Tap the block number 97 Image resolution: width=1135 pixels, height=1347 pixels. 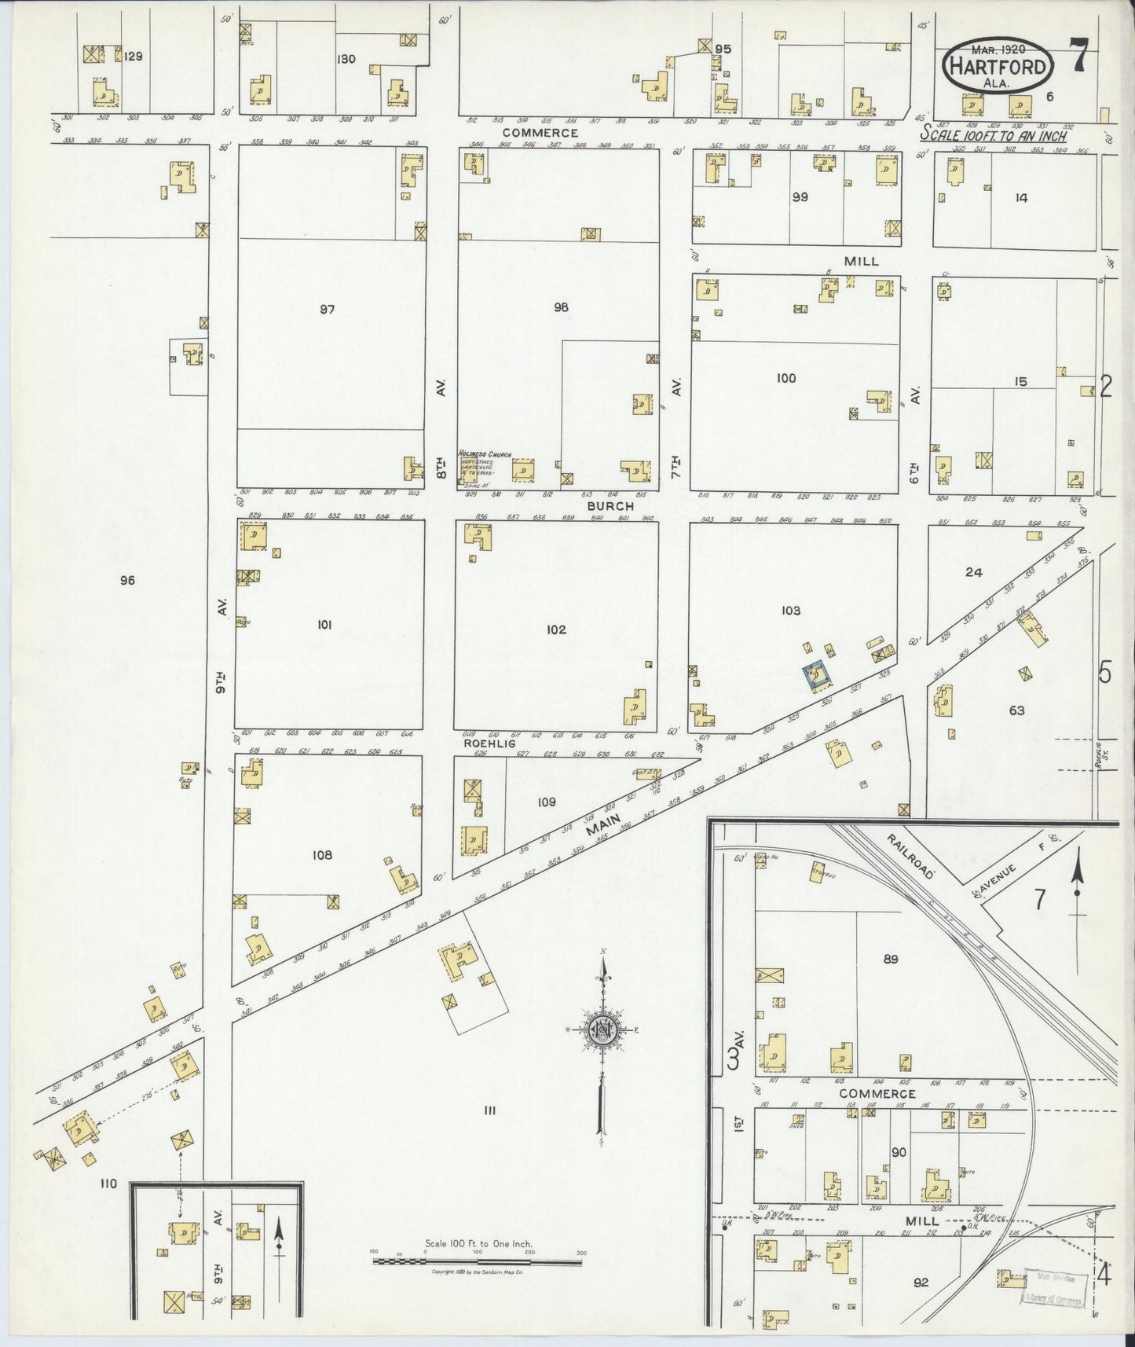coord(327,310)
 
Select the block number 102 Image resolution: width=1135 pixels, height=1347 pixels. coord(556,629)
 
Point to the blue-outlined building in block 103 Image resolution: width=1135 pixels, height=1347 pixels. coord(816,675)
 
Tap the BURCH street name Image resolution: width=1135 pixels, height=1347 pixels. coord(610,507)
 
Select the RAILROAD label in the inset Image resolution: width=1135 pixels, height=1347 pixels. coord(910,853)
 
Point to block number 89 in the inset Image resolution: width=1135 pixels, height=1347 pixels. coord(890,959)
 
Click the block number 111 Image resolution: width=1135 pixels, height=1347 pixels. coord(489,1110)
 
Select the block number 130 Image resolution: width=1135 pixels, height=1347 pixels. coord(346,59)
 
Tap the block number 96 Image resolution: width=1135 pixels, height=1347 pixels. coord(127,581)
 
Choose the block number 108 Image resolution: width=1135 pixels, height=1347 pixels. coord(322,855)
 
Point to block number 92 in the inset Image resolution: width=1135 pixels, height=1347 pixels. coord(921,1283)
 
